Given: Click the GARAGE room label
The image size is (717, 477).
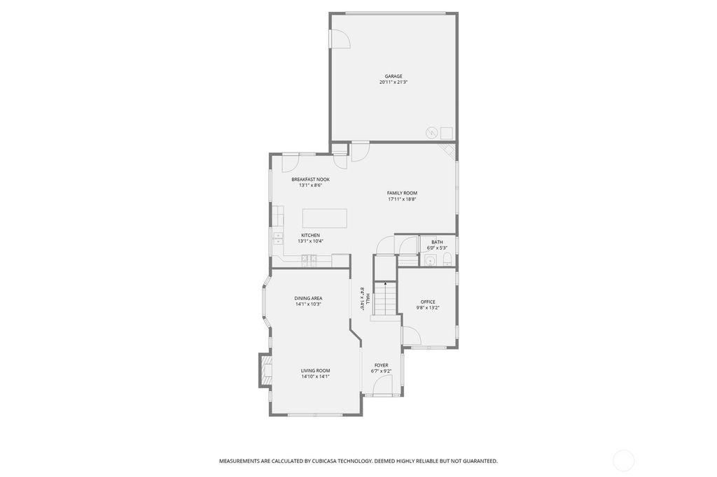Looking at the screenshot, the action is (394, 76).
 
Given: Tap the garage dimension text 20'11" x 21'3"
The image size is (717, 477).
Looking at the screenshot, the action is (394, 83).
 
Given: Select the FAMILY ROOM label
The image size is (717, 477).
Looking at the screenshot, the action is (402, 193).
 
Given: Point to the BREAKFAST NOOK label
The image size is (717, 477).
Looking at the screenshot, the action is (310, 180).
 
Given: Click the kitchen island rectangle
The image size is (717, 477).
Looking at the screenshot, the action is (325, 218).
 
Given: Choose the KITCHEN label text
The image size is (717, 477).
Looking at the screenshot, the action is (310, 235).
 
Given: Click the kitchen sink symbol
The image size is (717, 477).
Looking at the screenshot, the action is (278, 238).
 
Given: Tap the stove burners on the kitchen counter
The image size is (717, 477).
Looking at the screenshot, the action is (309, 260).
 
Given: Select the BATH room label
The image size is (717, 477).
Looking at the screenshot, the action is (437, 242).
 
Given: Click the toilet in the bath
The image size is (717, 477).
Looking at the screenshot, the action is (447, 259).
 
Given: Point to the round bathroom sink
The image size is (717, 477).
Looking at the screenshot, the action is (430, 260).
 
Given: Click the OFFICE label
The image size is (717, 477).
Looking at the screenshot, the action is (428, 302).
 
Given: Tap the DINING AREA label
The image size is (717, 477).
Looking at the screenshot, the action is (308, 299).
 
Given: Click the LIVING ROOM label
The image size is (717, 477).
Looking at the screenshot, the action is (316, 371).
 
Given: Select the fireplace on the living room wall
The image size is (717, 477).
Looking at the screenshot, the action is (265, 370).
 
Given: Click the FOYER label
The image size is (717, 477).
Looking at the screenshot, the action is (382, 366).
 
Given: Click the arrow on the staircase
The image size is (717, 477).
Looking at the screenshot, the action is (386, 285).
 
